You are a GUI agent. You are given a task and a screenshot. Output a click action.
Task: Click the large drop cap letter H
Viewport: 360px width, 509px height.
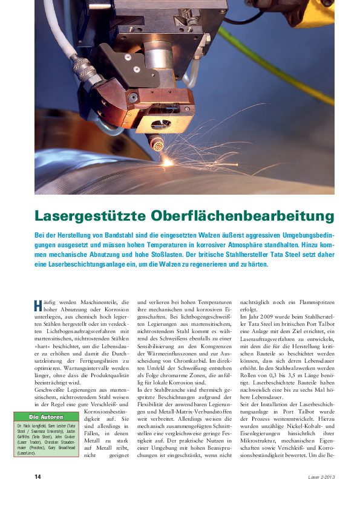pyautogui.click(x=38, y=306)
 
